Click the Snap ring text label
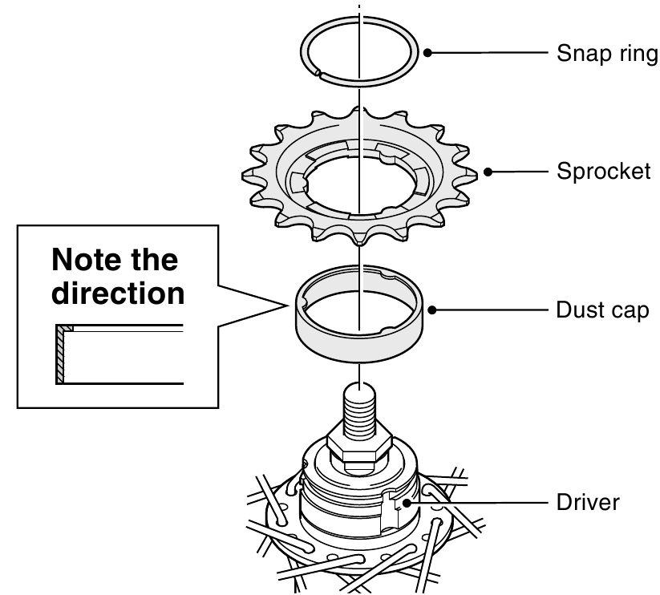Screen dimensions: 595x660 [606, 56]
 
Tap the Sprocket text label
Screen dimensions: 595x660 [603, 172]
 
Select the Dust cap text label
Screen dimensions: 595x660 [601, 310]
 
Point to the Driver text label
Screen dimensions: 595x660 [588, 504]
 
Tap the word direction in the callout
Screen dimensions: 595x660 [118, 293]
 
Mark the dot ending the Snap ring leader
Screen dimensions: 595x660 [428, 54]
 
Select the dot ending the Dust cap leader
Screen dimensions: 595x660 [431, 309]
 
